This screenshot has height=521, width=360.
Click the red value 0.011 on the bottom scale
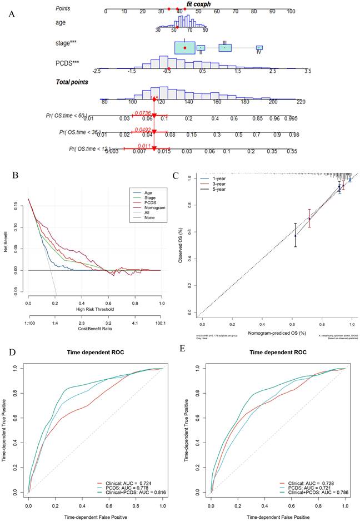click(145, 145)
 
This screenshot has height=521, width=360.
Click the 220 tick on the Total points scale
click(301, 102)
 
